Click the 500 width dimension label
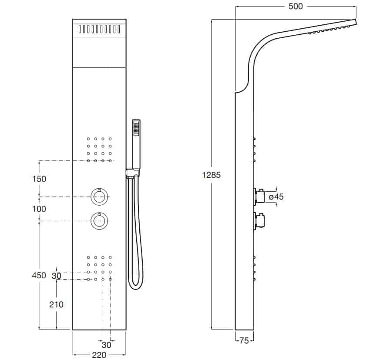[x=296, y=7]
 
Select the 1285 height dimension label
[x=211, y=175]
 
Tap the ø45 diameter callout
[x=276, y=197]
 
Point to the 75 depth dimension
[x=244, y=341]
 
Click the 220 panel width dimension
[x=99, y=355]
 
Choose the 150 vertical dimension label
[x=39, y=179]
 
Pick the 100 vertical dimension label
[x=39, y=209]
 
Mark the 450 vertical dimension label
[x=39, y=275]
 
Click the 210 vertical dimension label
[x=56, y=304]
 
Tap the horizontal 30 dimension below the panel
[x=106, y=345]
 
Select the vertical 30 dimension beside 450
[x=57, y=276]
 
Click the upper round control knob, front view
[x=99, y=197]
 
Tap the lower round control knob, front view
[x=99, y=221]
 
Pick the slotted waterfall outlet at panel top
[x=99, y=29]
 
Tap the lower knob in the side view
[x=259, y=221]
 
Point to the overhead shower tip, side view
[x=356, y=22]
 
